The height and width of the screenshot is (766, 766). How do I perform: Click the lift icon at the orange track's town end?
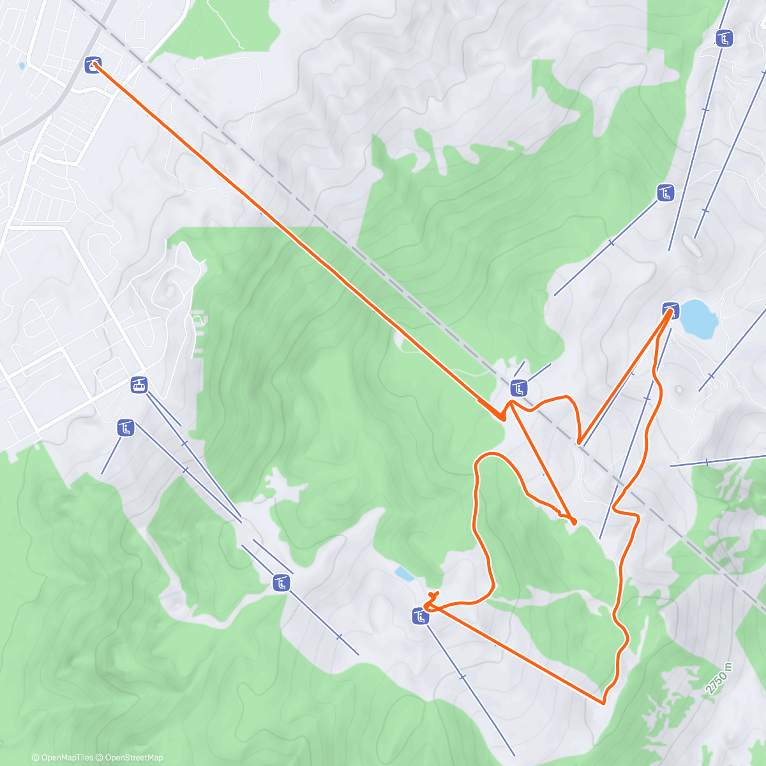tap(93, 64)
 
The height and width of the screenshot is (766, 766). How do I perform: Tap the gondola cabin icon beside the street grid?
tap(139, 384)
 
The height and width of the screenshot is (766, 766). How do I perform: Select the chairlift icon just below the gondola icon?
tap(126, 428)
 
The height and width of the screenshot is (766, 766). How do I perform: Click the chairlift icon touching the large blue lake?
tap(670, 310)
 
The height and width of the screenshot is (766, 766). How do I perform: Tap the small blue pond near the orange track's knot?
tap(403, 574)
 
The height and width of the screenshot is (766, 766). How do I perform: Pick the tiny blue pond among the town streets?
tap(22, 66)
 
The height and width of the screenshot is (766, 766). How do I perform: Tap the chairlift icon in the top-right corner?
tap(724, 39)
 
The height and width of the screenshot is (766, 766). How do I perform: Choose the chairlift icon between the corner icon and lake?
tap(666, 192)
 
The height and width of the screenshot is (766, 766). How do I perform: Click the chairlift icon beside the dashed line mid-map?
tap(519, 387)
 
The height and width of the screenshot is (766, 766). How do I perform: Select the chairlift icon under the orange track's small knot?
tap(420, 616)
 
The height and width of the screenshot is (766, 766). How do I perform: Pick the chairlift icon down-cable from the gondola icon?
tap(281, 582)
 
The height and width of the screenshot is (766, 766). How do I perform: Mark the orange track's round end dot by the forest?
tap(574, 522)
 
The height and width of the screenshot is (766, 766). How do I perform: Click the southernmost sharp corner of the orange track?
tap(603, 703)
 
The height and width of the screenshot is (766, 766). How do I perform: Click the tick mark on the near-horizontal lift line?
tap(707, 462)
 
